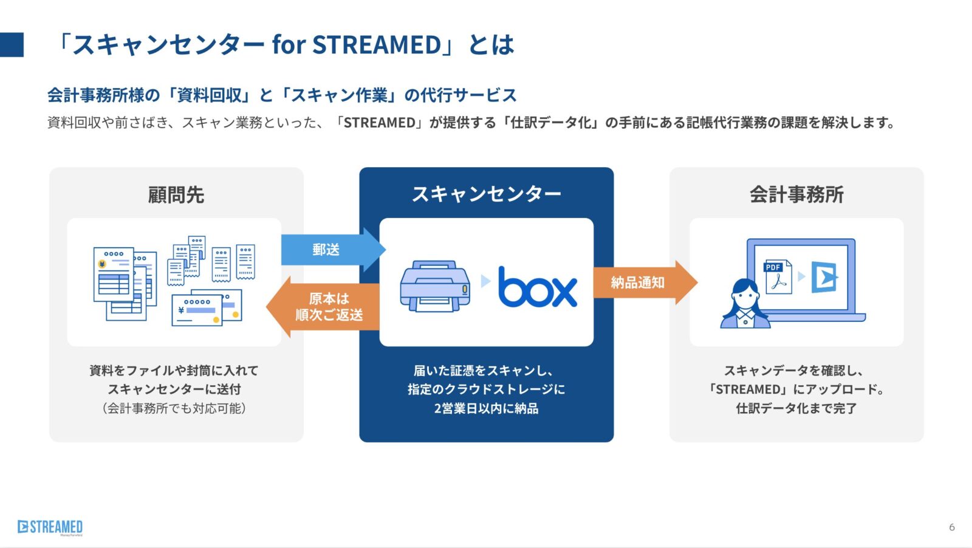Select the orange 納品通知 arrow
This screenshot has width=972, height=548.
click(x=645, y=283)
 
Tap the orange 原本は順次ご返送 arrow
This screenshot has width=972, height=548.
click(x=323, y=307)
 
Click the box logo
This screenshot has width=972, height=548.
click(x=538, y=287)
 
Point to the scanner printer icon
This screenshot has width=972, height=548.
click(x=435, y=286)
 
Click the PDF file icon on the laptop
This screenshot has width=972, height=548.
click(x=778, y=276)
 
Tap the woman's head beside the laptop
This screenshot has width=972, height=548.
click(x=745, y=293)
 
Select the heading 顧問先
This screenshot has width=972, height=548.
click(x=176, y=194)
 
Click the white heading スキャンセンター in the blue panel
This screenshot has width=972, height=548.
click(x=487, y=194)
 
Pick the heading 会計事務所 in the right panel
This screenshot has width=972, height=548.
click(x=796, y=194)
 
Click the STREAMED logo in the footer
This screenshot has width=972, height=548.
click(x=50, y=527)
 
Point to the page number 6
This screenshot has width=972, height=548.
click(x=951, y=527)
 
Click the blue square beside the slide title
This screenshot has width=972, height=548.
click(x=12, y=45)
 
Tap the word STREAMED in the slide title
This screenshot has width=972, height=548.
click(x=377, y=45)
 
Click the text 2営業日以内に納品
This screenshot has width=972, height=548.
click(x=487, y=408)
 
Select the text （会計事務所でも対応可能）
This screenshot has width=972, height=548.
click(x=174, y=408)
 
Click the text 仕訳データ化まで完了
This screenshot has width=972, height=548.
click(x=796, y=408)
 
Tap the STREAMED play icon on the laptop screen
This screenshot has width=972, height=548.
click(x=824, y=277)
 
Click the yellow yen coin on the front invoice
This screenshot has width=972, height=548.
click(x=103, y=264)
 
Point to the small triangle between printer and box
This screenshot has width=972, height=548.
click(x=485, y=281)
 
